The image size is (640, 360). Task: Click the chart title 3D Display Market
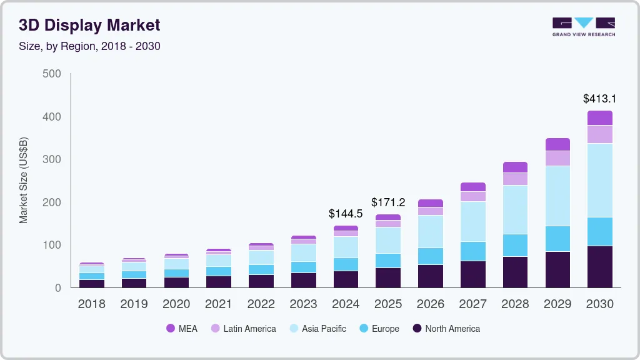(x=89, y=25)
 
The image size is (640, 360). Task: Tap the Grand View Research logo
(x=583, y=26)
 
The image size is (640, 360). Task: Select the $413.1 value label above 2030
(x=599, y=99)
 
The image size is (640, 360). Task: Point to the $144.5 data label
(x=346, y=214)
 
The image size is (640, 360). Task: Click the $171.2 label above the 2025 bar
(x=388, y=202)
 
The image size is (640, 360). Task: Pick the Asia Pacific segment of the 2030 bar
(x=599, y=180)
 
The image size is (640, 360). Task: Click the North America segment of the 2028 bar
(x=515, y=272)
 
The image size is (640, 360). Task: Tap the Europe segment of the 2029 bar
(x=557, y=239)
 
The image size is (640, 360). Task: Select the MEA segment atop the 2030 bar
(x=599, y=117)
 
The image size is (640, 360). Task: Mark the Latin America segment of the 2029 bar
(x=557, y=158)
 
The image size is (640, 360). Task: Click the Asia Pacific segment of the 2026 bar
(x=430, y=231)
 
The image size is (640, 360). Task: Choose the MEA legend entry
(x=181, y=329)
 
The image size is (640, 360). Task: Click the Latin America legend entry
(x=243, y=329)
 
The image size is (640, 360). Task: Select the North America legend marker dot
(x=416, y=329)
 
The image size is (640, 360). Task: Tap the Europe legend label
(x=385, y=329)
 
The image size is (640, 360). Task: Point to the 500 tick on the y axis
(x=52, y=74)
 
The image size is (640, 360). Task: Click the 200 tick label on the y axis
(x=52, y=202)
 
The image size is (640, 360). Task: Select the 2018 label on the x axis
(x=91, y=304)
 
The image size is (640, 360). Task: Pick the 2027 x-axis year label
(x=472, y=304)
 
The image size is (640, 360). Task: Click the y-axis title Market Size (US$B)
(x=24, y=180)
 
